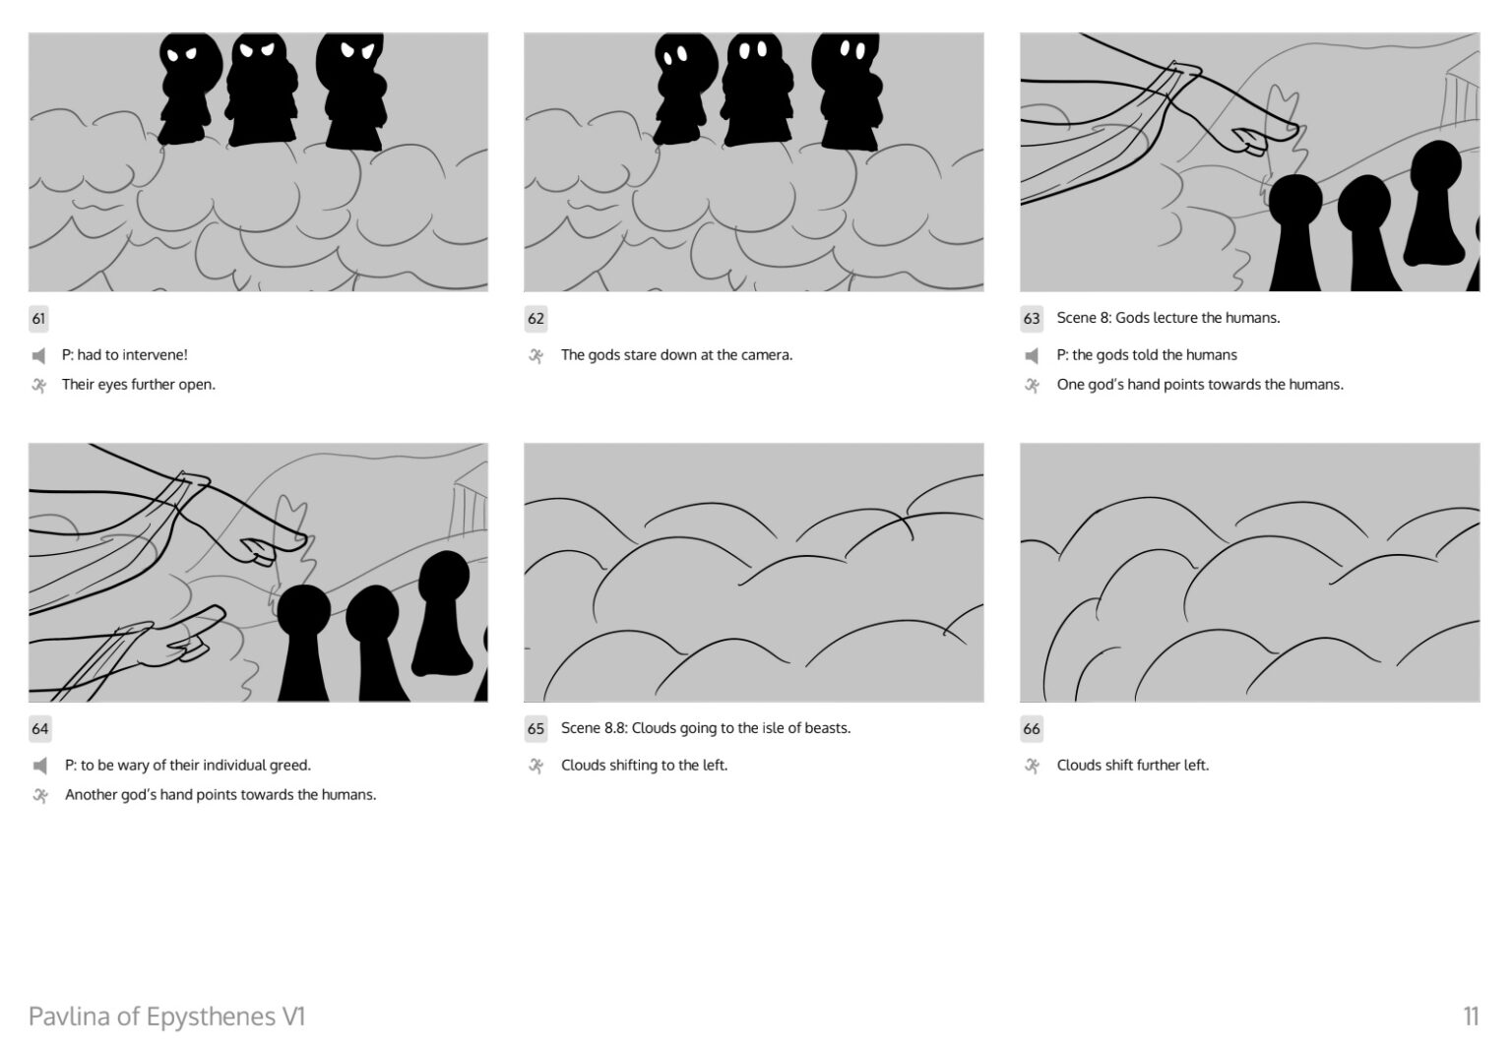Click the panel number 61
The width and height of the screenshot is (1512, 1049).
pyautogui.click(x=38, y=319)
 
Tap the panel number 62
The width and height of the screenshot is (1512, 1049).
pyautogui.click(x=535, y=319)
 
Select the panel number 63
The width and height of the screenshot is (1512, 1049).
pyautogui.click(x=1032, y=319)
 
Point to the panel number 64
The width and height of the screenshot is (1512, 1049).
pyautogui.click(x=39, y=728)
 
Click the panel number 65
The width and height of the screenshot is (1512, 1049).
pyautogui.click(x=535, y=728)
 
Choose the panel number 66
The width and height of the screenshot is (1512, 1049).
pyautogui.click(x=1032, y=728)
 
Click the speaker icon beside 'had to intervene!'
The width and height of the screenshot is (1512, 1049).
pyautogui.click(x=38, y=355)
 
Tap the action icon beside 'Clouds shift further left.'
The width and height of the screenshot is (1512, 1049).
pyautogui.click(x=1032, y=766)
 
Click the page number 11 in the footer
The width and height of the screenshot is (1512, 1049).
pyautogui.click(x=1471, y=1016)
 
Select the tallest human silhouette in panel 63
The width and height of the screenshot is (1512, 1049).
pyautogui.click(x=1434, y=203)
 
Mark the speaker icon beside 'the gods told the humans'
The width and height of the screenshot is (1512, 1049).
pyautogui.click(x=1032, y=355)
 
